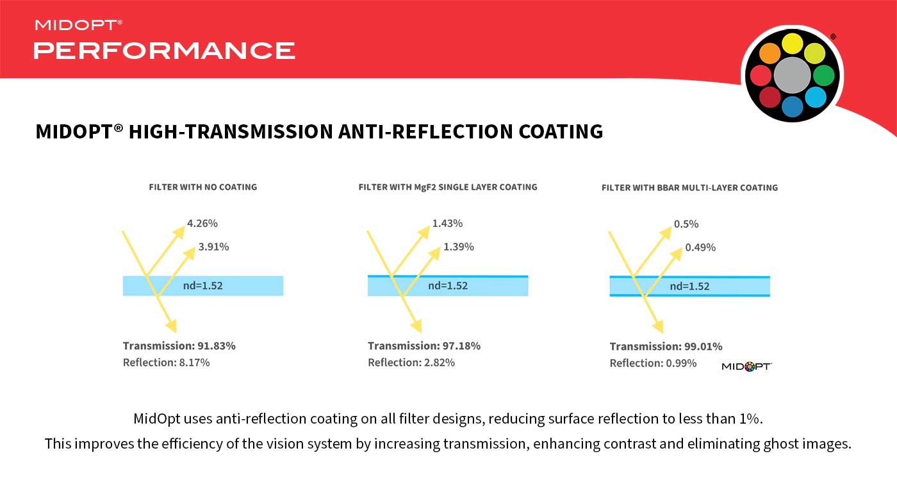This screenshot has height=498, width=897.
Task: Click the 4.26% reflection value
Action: pyautogui.click(x=202, y=224)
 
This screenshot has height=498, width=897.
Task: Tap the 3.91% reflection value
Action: pyautogui.click(x=213, y=247)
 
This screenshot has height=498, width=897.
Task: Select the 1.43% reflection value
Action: pyautogui.click(x=447, y=224)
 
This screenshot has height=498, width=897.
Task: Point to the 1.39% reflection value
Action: pyautogui.click(x=459, y=247)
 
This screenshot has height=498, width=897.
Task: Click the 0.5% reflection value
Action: pyautogui.click(x=686, y=224)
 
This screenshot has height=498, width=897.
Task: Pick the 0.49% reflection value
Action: pyautogui.click(x=700, y=247)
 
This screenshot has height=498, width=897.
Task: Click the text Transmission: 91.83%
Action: pyautogui.click(x=179, y=345)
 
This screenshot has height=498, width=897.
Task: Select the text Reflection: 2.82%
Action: pyautogui.click(x=411, y=362)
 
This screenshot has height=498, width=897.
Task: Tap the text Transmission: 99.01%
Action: pyautogui.click(x=666, y=346)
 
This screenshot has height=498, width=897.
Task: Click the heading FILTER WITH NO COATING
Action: pyautogui.click(x=203, y=187)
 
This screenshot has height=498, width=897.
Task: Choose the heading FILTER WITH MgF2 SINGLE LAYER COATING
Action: pyautogui.click(x=448, y=187)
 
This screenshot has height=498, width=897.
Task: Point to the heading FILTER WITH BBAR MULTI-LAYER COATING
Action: pyautogui.click(x=689, y=188)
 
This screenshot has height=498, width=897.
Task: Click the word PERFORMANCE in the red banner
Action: pyautogui.click(x=165, y=50)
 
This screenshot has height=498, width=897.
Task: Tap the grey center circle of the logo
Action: pyautogui.click(x=792, y=76)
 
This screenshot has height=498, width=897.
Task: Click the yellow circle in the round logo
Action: pyautogui.click(x=793, y=43)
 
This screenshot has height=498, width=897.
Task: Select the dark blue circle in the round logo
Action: pyautogui.click(x=793, y=106)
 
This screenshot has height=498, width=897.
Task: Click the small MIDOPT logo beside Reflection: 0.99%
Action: pyautogui.click(x=746, y=367)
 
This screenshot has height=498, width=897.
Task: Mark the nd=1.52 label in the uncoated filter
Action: pyautogui.click(x=203, y=286)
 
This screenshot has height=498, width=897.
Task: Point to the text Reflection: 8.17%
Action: pyautogui.click(x=167, y=362)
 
